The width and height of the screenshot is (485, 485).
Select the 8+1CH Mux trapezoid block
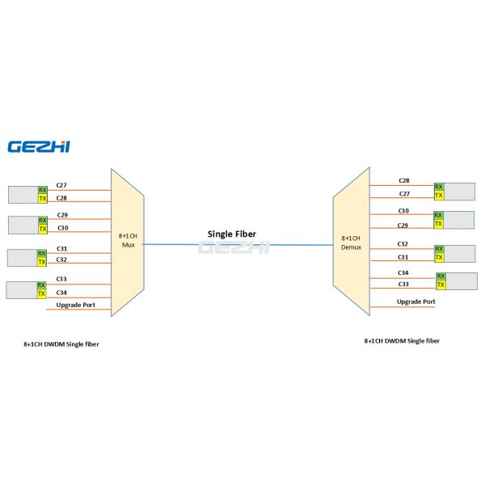127,241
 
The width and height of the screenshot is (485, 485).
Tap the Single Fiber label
232,234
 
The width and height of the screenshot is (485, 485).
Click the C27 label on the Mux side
61,186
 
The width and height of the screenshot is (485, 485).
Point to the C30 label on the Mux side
62,228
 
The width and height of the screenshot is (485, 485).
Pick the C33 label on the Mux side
61,279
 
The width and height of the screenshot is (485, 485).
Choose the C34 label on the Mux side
61,292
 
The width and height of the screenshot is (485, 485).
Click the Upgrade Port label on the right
415,302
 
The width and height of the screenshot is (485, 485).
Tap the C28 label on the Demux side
403,180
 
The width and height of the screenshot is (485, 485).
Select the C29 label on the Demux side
403,225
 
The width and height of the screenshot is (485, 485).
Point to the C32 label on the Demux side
403,243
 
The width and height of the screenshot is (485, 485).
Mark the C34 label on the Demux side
403,272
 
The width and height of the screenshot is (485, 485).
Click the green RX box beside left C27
43,190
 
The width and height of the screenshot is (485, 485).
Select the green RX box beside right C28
439,186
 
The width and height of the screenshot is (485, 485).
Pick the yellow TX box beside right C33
441,285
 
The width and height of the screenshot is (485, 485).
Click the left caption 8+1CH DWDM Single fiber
61,344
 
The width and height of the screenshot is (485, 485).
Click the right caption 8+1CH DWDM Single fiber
402,341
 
